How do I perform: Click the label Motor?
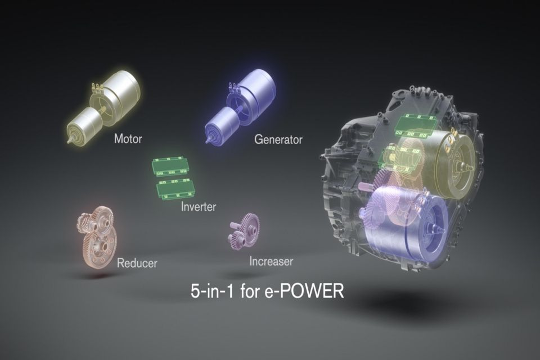click(x=128, y=139)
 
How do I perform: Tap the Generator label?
click(x=278, y=139)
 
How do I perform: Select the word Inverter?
click(x=199, y=206)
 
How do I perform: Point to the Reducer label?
click(x=137, y=263)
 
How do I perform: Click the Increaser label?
click(x=271, y=261)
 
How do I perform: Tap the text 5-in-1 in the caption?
click(x=212, y=291)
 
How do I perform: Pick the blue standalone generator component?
click(x=240, y=105)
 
